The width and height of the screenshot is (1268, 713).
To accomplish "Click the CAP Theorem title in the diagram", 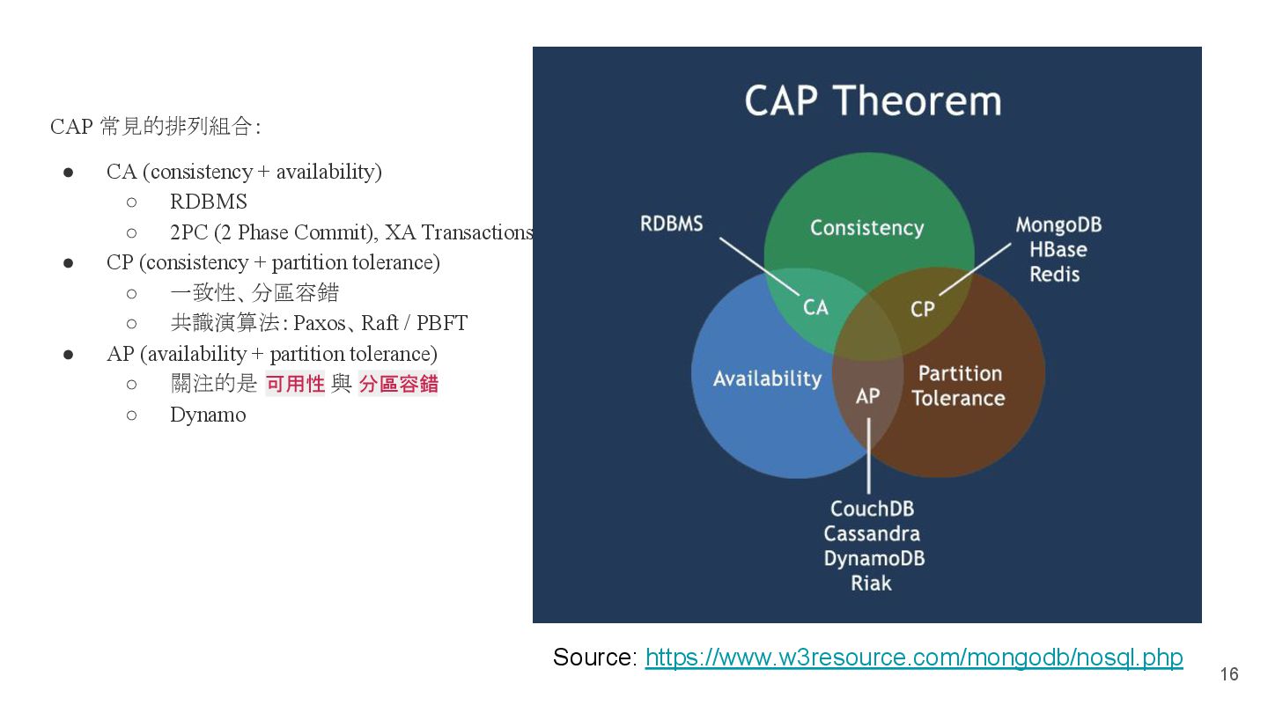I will [x=873, y=100].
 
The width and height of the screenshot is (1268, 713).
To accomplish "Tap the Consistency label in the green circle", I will [x=866, y=228].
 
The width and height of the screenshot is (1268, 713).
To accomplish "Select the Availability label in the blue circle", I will [x=767, y=379].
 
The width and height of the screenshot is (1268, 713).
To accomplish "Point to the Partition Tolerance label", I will [x=959, y=386].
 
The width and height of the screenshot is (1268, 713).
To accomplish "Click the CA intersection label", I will [x=815, y=307].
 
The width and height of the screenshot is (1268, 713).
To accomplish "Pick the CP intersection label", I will [x=922, y=309].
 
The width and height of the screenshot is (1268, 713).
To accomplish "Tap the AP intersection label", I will [x=867, y=396].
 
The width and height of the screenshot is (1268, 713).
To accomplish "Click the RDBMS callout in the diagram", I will [x=672, y=224].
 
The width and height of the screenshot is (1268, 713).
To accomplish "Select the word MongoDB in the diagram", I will [x=1058, y=224].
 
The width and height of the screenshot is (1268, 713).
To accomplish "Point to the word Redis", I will [x=1055, y=274].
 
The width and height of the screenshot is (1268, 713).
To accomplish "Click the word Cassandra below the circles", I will [x=872, y=533].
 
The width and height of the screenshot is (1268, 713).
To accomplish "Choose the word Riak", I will [x=871, y=583].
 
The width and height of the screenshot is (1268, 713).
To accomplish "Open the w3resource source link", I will [x=913, y=658].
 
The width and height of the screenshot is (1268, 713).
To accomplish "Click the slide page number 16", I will [x=1228, y=674].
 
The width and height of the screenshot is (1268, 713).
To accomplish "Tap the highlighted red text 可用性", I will [x=296, y=384].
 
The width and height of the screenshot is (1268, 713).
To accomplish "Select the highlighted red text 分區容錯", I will [x=398, y=384].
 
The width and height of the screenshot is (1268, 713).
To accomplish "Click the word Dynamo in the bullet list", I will [x=208, y=415].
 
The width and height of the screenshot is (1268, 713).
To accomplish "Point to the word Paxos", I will [x=320, y=323].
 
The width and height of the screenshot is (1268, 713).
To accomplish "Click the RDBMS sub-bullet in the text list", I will [x=209, y=202].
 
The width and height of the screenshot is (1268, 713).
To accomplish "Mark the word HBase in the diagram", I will [x=1058, y=249].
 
